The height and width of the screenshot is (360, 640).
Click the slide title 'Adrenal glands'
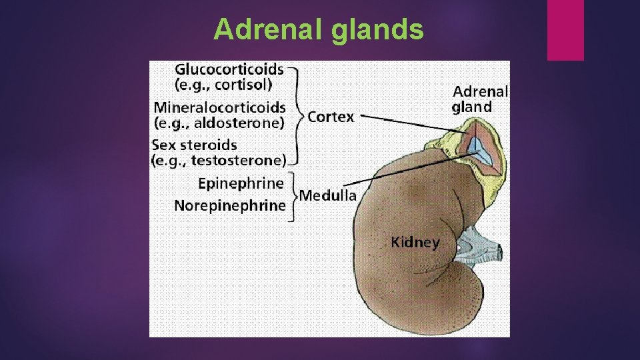click(x=319, y=30)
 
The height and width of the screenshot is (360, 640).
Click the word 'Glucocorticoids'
click(x=229, y=69)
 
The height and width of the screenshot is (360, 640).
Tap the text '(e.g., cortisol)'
click(x=223, y=85)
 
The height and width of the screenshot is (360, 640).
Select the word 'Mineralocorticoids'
click(x=220, y=107)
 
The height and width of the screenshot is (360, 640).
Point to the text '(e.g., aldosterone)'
click(x=219, y=123)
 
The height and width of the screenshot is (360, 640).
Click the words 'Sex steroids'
click(x=194, y=145)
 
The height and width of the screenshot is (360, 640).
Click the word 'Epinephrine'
click(x=241, y=183)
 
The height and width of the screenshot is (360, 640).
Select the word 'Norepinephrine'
click(x=229, y=205)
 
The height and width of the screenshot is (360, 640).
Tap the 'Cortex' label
click(x=331, y=117)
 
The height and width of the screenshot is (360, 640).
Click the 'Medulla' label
click(x=327, y=195)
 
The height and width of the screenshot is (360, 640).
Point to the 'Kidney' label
click(x=415, y=241)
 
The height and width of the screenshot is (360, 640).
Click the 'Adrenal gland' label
click(x=479, y=99)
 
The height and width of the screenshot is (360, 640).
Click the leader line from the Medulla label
click(x=413, y=171)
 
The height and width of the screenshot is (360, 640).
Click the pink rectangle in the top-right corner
click(x=565, y=30)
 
